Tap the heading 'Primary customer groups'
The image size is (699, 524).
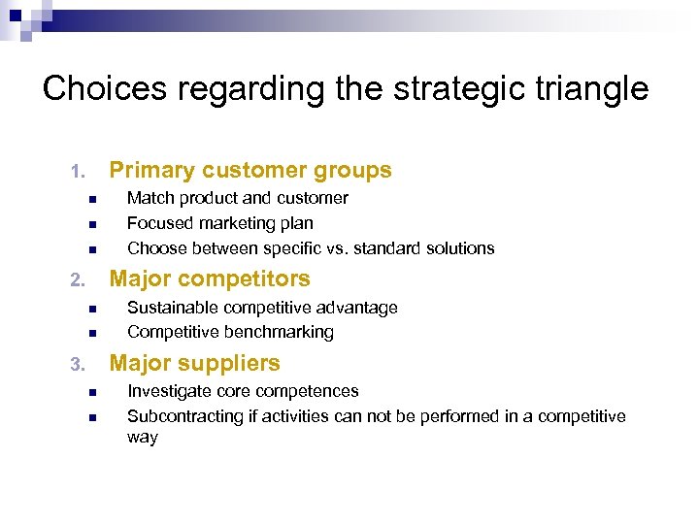coord(250,171)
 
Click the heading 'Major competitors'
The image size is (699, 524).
coord(210,279)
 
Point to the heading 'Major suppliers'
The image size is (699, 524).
coord(194,364)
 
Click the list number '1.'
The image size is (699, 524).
coord(79,173)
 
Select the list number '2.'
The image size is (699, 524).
coord(79,281)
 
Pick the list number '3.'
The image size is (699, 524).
coord(79,366)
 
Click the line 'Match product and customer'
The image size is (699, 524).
coord(238,198)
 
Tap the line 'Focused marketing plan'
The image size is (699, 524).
coord(220,223)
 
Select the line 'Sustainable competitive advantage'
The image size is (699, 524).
coord(262,308)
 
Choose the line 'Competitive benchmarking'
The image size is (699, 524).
coord(230,332)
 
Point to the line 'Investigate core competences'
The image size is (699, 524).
coord(243,391)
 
